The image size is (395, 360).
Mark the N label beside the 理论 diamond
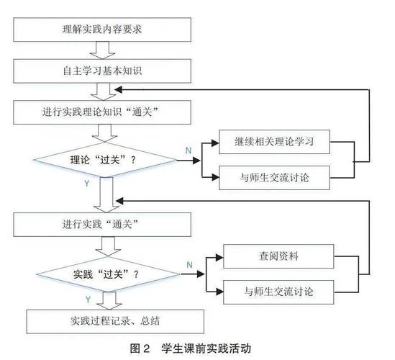189,150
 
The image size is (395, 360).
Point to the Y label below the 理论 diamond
88,185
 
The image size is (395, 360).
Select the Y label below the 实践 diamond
88,298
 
